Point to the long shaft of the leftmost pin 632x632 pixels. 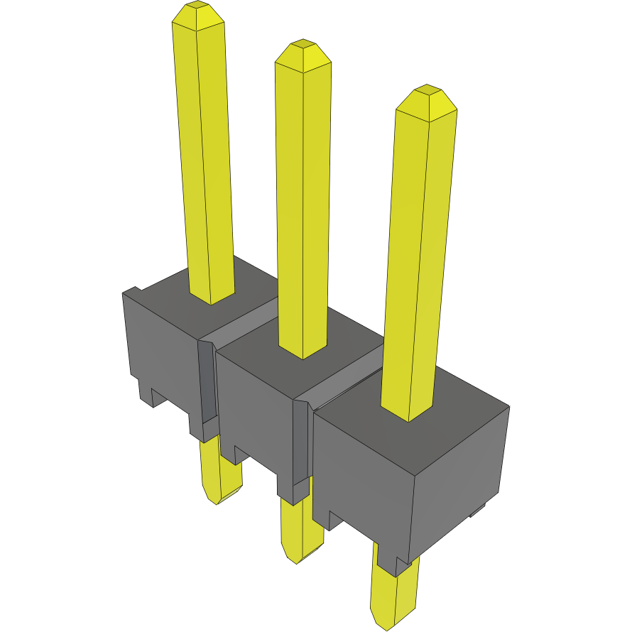point(205,163)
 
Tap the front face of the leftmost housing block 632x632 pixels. point(160,348)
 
